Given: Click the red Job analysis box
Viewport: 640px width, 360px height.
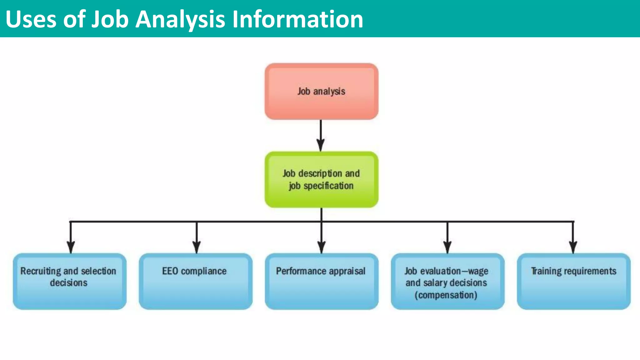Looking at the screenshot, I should click(321, 91).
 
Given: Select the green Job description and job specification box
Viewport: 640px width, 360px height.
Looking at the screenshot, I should click(321, 179).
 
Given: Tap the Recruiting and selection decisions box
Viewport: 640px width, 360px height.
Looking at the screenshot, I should click(69, 281).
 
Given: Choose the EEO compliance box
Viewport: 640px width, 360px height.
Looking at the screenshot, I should click(196, 281).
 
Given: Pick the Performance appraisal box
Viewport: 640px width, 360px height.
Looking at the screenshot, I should click(321, 281).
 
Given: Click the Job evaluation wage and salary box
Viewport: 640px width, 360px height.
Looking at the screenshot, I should click(447, 281).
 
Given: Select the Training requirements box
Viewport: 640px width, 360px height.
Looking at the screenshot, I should click(573, 281).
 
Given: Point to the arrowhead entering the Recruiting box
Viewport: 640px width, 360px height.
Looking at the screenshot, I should click(71, 247).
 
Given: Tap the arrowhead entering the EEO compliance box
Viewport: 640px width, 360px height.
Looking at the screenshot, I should click(197, 247).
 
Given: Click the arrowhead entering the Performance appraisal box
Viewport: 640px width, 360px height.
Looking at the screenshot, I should click(321, 247).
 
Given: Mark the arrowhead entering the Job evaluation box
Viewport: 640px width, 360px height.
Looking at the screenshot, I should click(447, 247).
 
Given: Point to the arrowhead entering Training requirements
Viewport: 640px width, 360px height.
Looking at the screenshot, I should click(573, 247).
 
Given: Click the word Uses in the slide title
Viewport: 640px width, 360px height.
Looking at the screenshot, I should click(31, 19).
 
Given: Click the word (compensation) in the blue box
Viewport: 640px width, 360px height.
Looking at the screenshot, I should click(446, 295).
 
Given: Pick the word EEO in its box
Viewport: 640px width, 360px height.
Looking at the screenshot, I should click(170, 271).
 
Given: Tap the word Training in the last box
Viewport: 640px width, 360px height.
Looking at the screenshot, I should click(546, 271).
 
